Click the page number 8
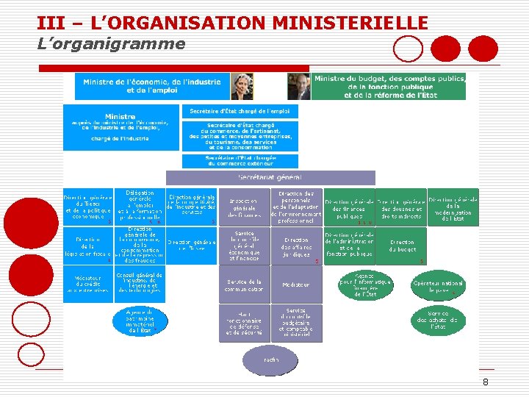click(x=486, y=382)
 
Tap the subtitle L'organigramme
click(x=111, y=44)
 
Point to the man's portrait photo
click(x=299, y=86)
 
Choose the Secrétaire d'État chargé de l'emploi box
click(x=240, y=111)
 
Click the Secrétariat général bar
click(x=270, y=177)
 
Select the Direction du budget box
click(x=402, y=246)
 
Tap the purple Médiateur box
click(x=296, y=285)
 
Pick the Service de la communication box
click(x=245, y=285)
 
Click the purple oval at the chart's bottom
click(x=271, y=360)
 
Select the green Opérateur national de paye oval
click(x=438, y=287)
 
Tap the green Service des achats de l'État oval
click(x=438, y=320)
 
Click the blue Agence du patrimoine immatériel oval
click(x=139, y=321)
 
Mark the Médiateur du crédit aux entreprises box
click(x=87, y=284)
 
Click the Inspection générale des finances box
click(x=243, y=207)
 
